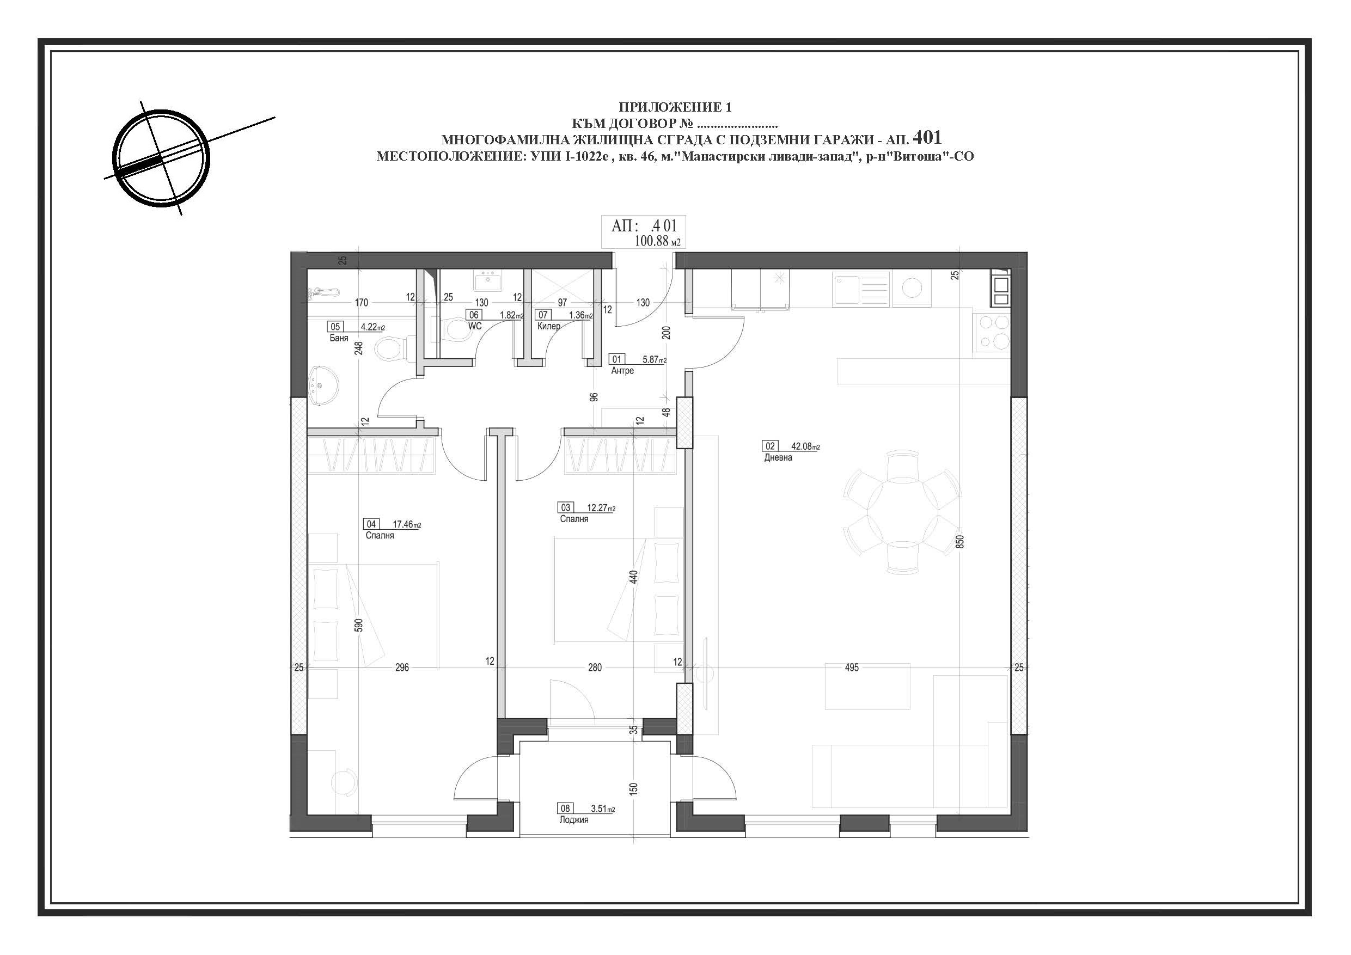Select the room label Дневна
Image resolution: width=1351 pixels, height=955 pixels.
778,457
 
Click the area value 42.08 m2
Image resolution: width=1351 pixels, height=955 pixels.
805,446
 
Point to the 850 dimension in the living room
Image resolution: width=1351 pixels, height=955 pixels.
959,541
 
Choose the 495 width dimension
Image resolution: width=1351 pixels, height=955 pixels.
852,668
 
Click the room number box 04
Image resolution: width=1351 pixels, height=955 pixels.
371,524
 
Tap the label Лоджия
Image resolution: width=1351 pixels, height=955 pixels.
574,819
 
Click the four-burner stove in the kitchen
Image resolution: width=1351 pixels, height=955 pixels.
992,333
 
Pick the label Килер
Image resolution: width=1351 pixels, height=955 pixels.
548,326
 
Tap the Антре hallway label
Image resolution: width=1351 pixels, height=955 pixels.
622,371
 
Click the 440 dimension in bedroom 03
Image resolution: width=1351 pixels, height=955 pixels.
633,577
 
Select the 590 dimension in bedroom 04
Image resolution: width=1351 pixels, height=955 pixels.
358,625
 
